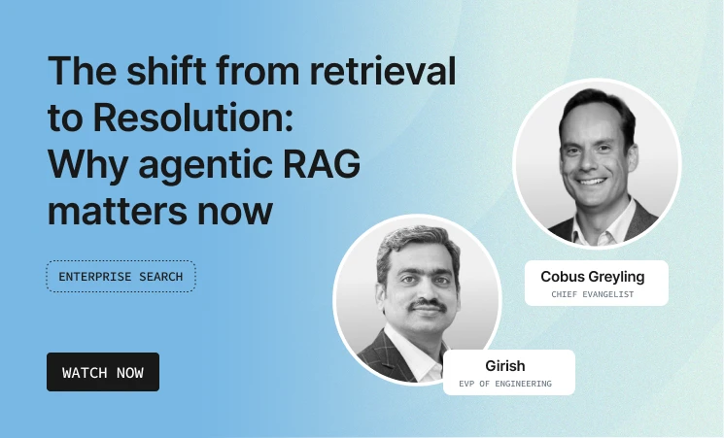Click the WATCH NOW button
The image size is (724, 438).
(x=103, y=372)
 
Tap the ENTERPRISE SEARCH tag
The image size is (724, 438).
(x=121, y=277)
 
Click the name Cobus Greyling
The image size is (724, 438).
(x=592, y=277)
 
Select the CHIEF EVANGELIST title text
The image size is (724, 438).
(x=592, y=294)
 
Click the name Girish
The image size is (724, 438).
(x=504, y=366)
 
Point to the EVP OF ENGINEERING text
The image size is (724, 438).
(x=504, y=384)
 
